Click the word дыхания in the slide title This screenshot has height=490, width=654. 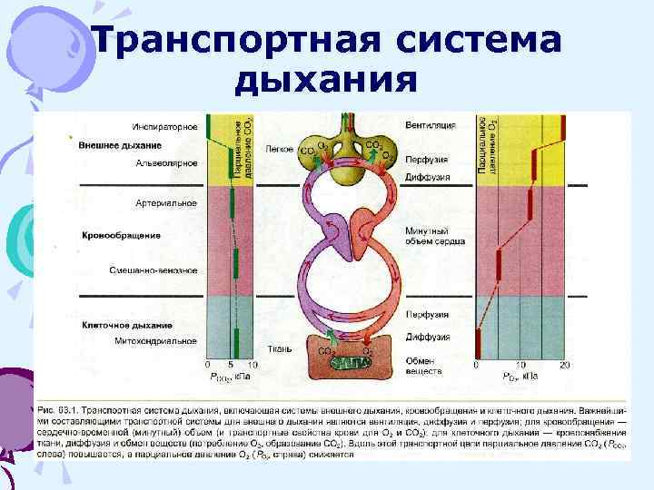coord(326,81)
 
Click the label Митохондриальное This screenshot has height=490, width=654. coord(159,341)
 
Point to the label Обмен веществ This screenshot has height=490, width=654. coord(423,366)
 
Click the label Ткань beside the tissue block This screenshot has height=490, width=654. coord(279,348)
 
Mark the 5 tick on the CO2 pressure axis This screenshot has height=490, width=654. coord(232,364)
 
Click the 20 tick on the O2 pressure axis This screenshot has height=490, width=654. coord(564,364)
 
